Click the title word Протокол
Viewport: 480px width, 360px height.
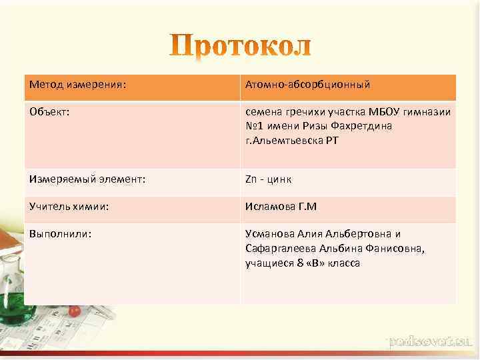coord(240,46)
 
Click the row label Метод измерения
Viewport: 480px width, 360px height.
coord(77,85)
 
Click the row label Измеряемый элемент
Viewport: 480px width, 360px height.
coord(87,179)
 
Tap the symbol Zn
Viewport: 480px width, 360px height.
coord(251,180)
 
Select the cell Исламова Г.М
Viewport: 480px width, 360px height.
coord(281,207)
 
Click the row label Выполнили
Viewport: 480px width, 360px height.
coord(60,234)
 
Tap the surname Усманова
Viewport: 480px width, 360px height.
coord(268,235)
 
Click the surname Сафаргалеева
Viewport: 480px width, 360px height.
coord(277,249)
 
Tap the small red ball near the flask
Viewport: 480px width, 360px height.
coord(75,311)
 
